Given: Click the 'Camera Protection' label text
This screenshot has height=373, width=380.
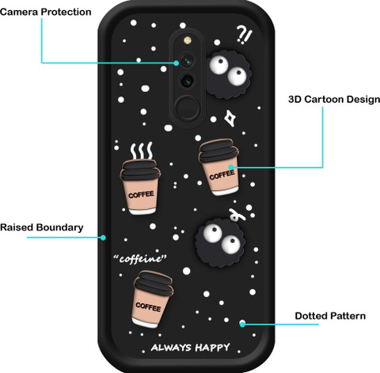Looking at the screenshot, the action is pos(46,12).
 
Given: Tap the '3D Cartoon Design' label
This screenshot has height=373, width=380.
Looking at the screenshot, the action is pos(334,100).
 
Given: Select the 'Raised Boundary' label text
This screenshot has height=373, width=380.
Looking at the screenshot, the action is pos(42,227).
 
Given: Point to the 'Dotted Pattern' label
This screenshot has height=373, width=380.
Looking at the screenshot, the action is pos(330,316).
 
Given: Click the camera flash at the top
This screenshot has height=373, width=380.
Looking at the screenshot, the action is pos(188,40).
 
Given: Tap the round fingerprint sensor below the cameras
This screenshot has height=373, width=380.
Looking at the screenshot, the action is pos(188,108).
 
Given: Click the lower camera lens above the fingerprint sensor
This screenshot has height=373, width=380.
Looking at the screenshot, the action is pos(188,80).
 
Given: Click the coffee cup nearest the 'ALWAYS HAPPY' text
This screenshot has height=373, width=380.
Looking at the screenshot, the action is pos(153,299).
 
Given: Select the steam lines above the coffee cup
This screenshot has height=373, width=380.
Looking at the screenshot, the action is pos(142,150).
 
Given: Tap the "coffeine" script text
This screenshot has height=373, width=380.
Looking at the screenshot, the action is pos(140,258).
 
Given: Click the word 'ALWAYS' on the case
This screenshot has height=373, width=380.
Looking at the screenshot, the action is pos(171,348).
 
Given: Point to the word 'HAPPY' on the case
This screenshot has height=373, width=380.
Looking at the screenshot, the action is pos(213,348).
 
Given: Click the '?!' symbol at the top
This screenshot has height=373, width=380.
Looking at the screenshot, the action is pos(244,35).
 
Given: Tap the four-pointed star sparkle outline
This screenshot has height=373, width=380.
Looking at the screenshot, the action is pos(230,118).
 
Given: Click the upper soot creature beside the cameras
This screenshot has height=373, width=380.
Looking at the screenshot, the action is pos(229,74).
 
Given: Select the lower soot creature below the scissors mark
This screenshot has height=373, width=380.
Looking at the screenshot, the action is pos(220,242).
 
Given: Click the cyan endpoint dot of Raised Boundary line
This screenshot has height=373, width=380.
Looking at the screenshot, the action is pos(103,238).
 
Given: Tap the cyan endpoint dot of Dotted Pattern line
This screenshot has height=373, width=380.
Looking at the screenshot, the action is pos(242,324).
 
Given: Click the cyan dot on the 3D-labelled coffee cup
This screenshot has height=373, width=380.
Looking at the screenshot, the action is pos(231,167).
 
